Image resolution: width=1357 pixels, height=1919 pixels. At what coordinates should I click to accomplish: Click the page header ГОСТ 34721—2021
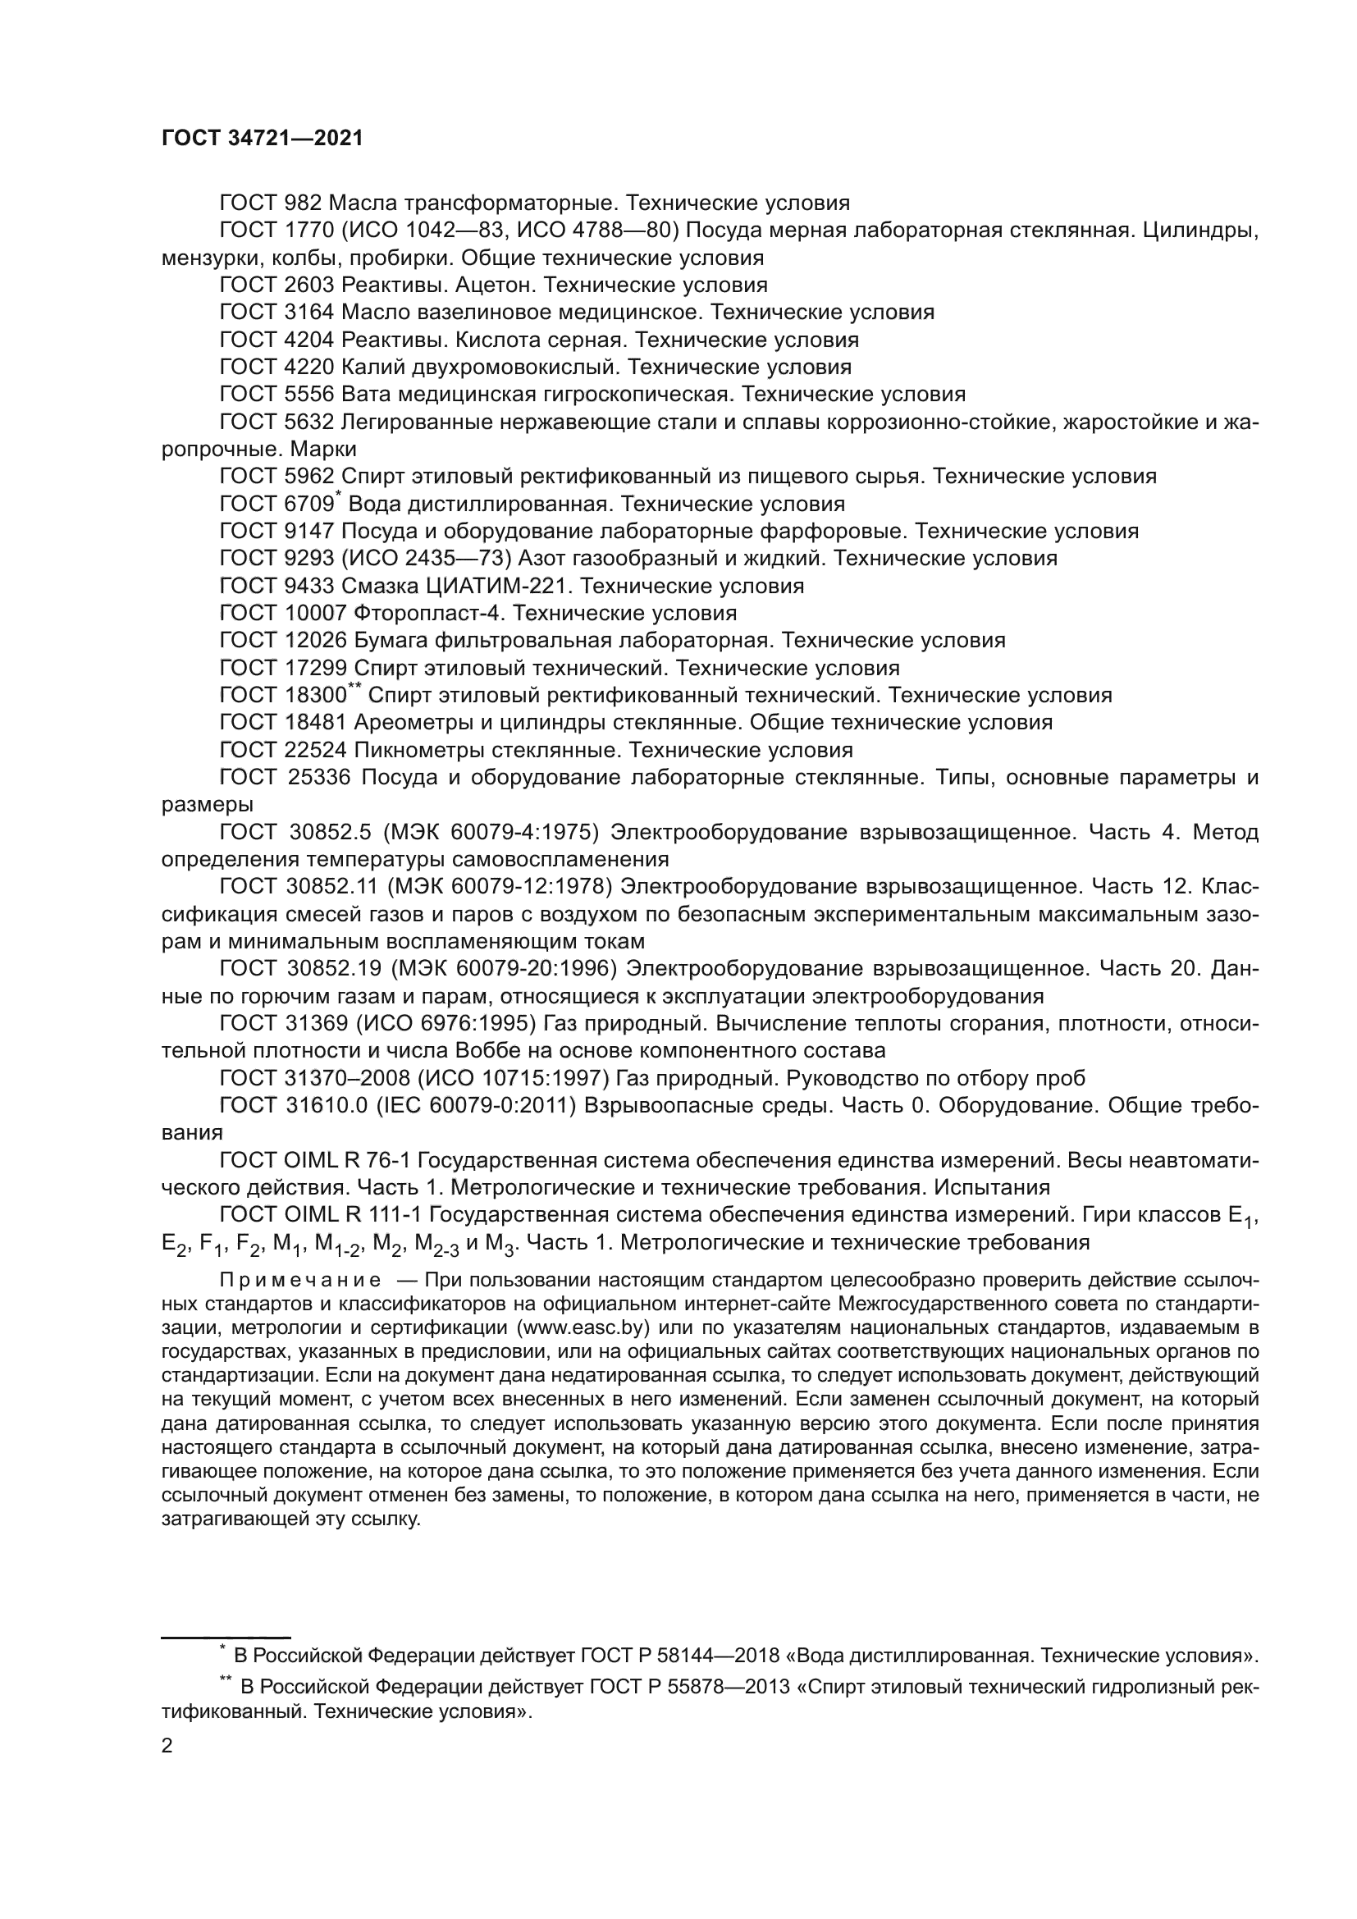263,139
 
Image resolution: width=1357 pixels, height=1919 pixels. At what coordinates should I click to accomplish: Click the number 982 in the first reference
303,203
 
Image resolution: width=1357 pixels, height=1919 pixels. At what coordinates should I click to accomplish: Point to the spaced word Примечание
300,1281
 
